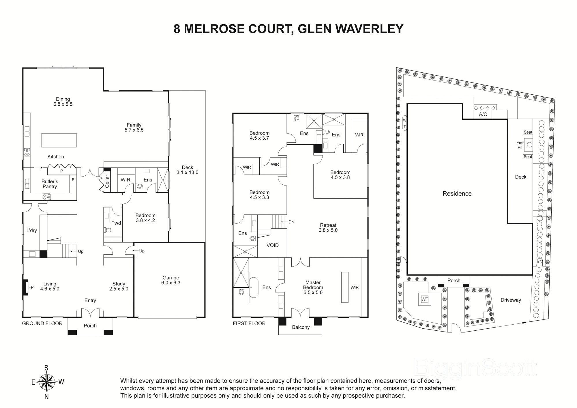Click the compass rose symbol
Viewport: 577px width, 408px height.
tap(48, 382)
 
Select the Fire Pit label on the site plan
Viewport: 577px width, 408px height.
tap(520, 145)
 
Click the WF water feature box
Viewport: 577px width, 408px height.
tap(424, 299)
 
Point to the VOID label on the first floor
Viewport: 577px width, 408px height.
tap(272, 245)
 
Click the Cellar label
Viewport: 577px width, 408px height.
tap(107, 181)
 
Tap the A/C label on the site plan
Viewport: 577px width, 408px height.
tap(483, 114)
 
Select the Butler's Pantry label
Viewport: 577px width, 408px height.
tap(50, 184)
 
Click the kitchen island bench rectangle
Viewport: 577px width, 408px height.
tap(59, 140)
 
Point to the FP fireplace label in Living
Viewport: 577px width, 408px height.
tap(31, 287)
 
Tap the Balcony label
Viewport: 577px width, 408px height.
tap(301, 327)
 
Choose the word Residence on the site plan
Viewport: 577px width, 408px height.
tap(457, 194)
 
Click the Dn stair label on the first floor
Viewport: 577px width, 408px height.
tap(291, 222)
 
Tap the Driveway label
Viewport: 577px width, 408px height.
tap(511, 300)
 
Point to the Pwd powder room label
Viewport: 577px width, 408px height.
tap(116, 223)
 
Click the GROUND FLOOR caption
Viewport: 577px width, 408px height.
tap(42, 323)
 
